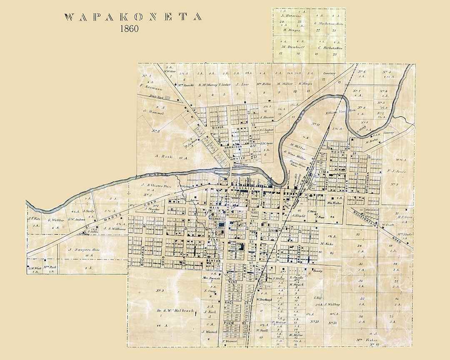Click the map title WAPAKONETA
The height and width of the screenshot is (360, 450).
134,17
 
